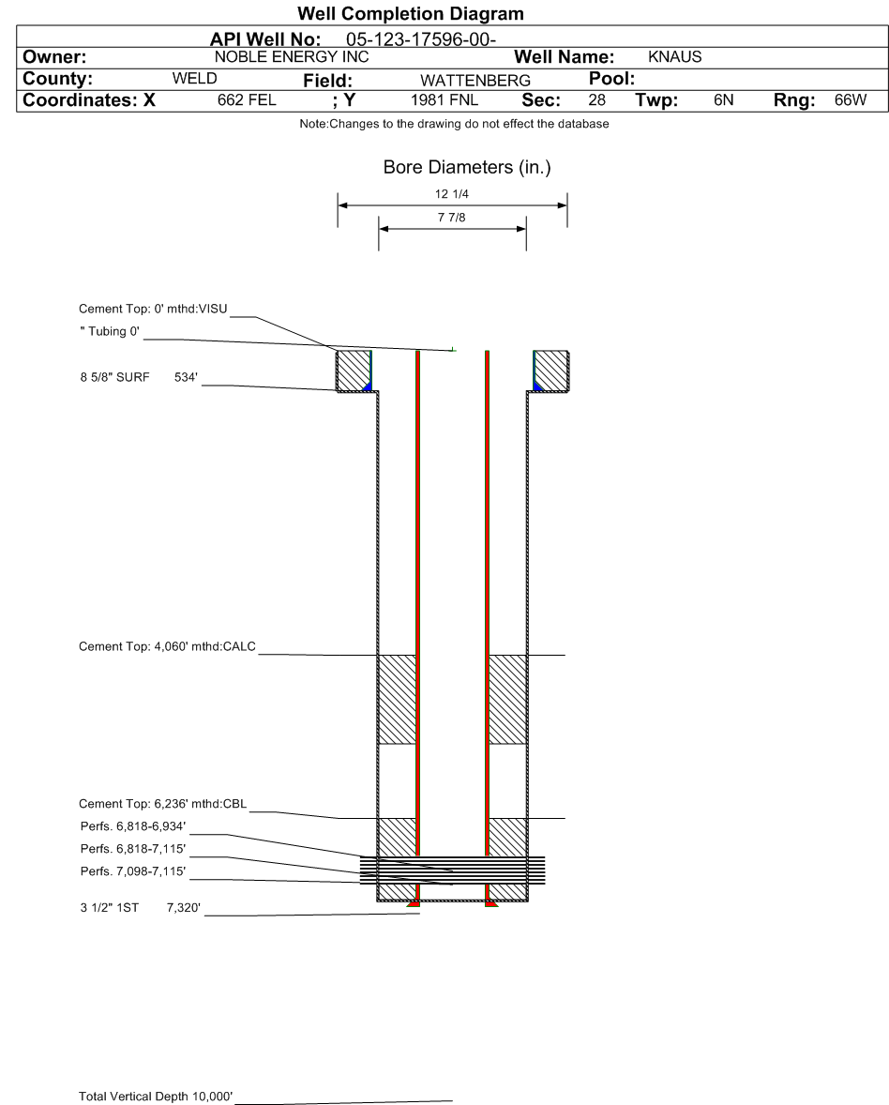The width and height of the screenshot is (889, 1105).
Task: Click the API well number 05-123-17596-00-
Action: (x=420, y=39)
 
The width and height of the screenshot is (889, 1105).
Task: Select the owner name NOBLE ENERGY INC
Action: (x=292, y=57)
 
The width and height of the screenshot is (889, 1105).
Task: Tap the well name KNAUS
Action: (x=675, y=57)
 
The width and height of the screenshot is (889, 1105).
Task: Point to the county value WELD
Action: (x=194, y=78)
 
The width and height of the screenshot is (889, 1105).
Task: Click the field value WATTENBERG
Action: (x=475, y=81)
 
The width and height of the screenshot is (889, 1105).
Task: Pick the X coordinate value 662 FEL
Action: (x=247, y=100)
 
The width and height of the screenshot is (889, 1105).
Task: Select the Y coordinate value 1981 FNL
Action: (x=444, y=100)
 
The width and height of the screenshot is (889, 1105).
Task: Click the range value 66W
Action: (x=851, y=100)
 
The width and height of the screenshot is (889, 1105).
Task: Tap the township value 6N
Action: (x=723, y=100)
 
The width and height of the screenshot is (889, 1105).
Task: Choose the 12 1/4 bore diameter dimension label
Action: (x=452, y=194)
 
